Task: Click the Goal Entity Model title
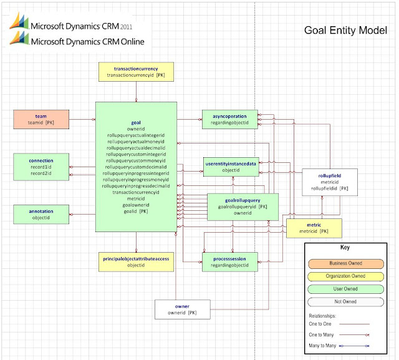point(345,31)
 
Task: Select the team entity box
point(41,119)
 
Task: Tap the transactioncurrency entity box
point(136,72)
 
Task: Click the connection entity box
point(41,167)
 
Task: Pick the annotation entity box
point(41,215)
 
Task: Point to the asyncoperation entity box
point(230,119)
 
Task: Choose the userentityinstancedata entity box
point(231,167)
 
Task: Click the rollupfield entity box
point(330,182)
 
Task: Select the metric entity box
point(314,228)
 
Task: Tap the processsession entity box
point(230,262)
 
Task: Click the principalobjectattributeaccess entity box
point(136,262)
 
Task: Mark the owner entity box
point(183,309)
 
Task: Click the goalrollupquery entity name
point(243,200)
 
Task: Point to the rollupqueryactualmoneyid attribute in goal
point(136,142)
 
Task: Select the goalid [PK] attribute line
point(136,211)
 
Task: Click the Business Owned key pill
point(345,264)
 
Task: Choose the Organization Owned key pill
point(345,276)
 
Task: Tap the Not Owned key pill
point(345,302)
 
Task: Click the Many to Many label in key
point(322,346)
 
